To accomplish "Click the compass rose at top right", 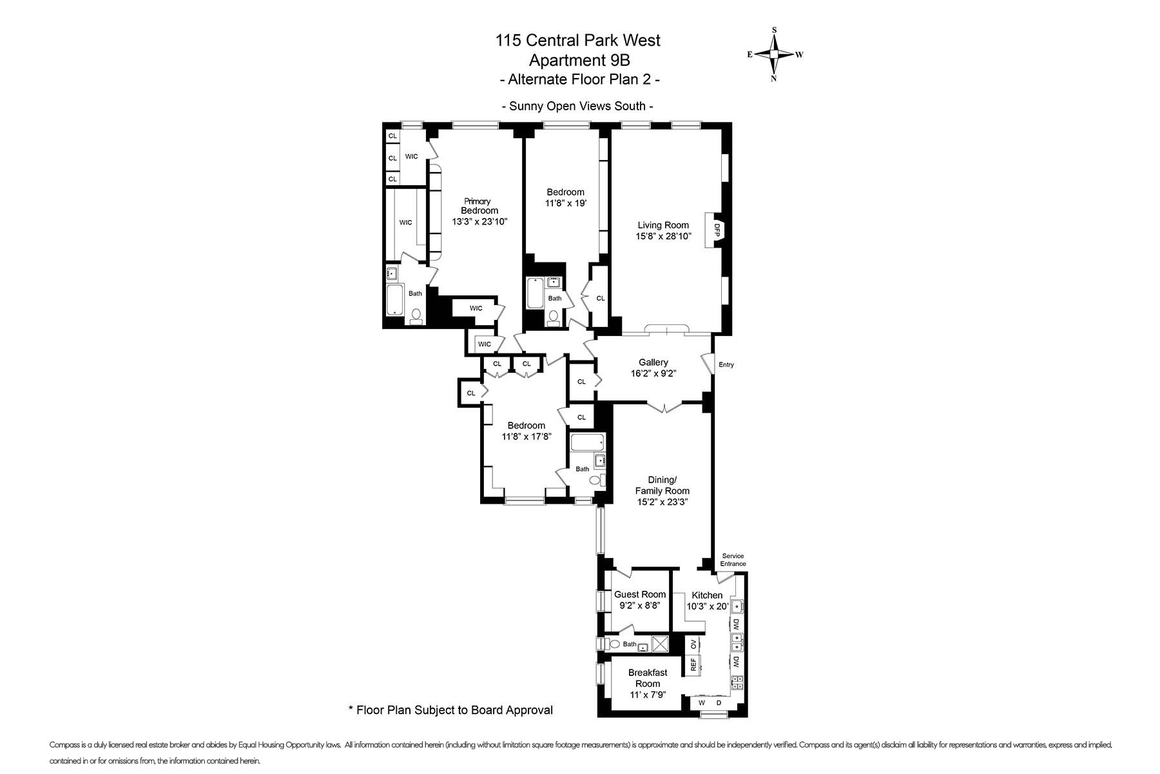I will click(x=774, y=55).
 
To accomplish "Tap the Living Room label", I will click(x=663, y=225).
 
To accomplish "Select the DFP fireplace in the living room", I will click(x=716, y=230).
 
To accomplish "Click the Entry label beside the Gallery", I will click(x=726, y=365).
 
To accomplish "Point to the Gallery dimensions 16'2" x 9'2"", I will click(x=653, y=373).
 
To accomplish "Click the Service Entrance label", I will click(x=733, y=560).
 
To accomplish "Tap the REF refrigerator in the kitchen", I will click(x=693, y=664).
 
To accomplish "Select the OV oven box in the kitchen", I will click(x=693, y=644).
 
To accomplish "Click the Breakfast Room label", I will click(x=648, y=678).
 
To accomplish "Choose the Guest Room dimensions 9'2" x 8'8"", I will click(x=640, y=606).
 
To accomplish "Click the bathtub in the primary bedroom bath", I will click(x=394, y=300).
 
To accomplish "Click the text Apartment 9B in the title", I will click(x=578, y=60).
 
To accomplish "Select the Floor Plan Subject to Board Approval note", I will click(x=450, y=710).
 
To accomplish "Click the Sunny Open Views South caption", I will click(x=578, y=106).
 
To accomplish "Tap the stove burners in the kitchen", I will click(x=737, y=682).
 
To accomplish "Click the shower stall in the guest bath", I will click(x=660, y=644).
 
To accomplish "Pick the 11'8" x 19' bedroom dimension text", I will click(x=566, y=203).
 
